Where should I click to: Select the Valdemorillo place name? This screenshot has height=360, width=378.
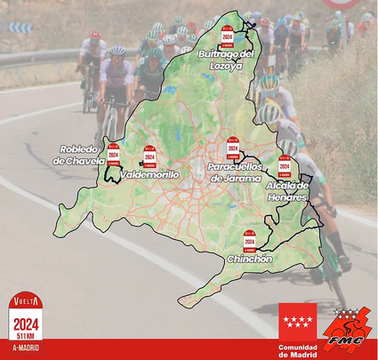point(149,175)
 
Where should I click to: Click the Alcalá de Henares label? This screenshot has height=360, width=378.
point(287,190)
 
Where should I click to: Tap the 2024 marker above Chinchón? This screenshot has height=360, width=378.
point(250,239)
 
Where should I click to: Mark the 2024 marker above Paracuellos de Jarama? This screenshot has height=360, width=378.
point(233,147)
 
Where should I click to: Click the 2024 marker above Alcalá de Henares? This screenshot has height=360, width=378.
point(284,166)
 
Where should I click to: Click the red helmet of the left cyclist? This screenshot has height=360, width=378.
point(94,35)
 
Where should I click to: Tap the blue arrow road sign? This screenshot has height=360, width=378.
point(20,28)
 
